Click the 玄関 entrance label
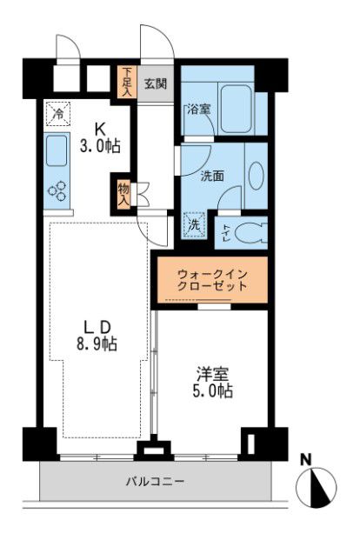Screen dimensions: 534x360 156,84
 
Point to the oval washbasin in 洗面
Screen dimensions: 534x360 257,175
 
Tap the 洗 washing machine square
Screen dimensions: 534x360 196,224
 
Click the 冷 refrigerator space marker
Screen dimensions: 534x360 58,113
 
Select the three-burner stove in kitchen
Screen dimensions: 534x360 58,190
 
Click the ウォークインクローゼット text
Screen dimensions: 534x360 211,279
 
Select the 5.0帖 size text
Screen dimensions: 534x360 213,392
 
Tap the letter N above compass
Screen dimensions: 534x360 306,459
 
